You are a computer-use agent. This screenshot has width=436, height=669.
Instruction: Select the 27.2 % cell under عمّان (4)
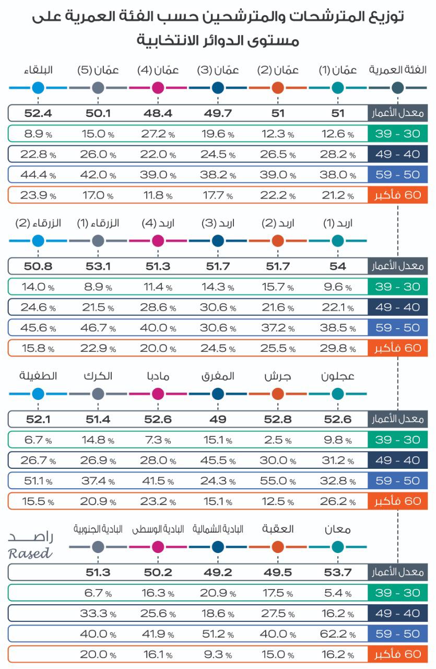pyautogui.click(x=158, y=134)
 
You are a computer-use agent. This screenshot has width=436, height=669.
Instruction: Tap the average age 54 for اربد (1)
pyautogui.click(x=337, y=266)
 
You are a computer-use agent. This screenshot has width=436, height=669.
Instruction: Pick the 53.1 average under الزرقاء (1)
pyautogui.click(x=98, y=266)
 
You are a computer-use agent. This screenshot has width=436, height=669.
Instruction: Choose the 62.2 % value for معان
pyautogui.click(x=337, y=633)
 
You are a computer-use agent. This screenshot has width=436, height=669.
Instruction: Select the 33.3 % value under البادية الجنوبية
pyautogui.click(x=98, y=613)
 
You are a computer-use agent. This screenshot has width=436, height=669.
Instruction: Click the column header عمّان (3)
pyautogui.click(x=218, y=70)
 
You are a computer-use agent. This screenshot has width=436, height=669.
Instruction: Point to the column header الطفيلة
pyautogui.click(x=38, y=376)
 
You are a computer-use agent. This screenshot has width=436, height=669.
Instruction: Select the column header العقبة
pyautogui.click(x=278, y=529)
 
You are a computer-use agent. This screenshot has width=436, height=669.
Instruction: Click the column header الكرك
pyautogui.click(x=98, y=376)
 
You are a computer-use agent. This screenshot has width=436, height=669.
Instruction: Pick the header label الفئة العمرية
pyautogui.click(x=397, y=70)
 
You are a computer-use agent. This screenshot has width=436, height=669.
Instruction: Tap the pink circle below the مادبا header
pyautogui.click(x=158, y=394)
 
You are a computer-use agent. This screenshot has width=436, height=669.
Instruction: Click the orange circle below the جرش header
pyautogui.click(x=278, y=394)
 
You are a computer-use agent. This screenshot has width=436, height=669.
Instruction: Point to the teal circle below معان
pyautogui.click(x=337, y=547)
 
